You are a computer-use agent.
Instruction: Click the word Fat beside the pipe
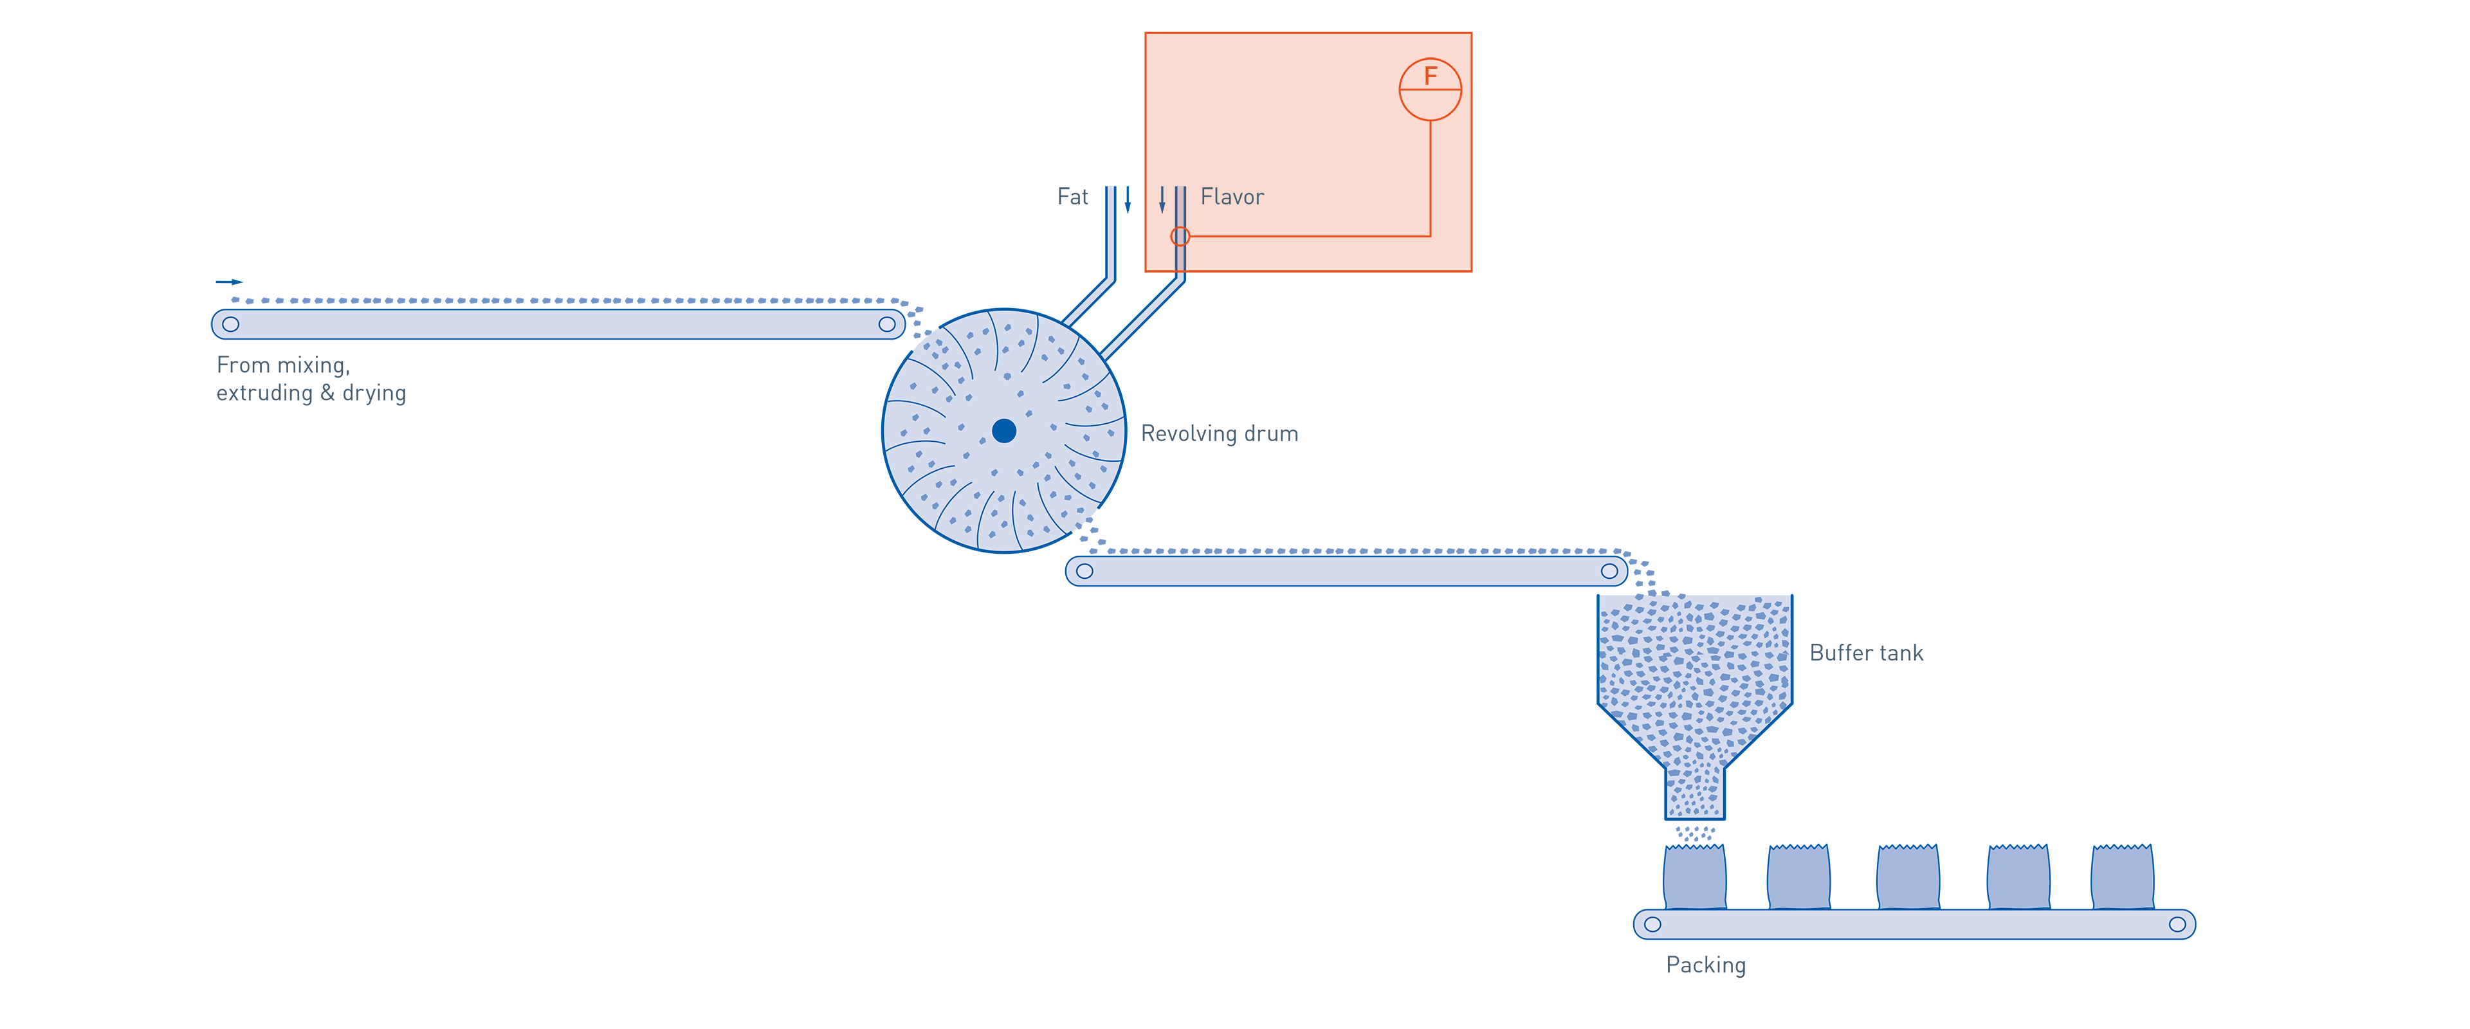[1072, 197]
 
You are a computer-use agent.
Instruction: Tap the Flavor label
[1232, 197]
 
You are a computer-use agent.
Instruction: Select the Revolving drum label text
[1220, 433]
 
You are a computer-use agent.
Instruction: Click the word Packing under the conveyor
[1706, 965]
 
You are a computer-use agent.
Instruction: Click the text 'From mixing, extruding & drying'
[311, 379]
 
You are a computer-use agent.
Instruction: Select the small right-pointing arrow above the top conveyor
[229, 282]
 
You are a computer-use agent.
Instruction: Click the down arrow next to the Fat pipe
[1128, 199]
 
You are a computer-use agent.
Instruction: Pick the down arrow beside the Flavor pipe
[1162, 199]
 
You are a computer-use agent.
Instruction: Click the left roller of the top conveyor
[230, 324]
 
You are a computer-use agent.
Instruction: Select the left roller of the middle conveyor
[1084, 572]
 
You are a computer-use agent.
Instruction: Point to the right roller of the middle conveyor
[1609, 572]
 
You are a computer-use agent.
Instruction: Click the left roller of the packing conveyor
[1652, 924]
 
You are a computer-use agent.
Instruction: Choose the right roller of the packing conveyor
[2177, 924]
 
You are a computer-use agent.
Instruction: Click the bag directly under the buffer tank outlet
[1694, 877]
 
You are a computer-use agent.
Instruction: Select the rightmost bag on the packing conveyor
[2122, 877]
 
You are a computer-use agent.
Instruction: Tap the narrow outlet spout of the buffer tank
[1694, 791]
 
